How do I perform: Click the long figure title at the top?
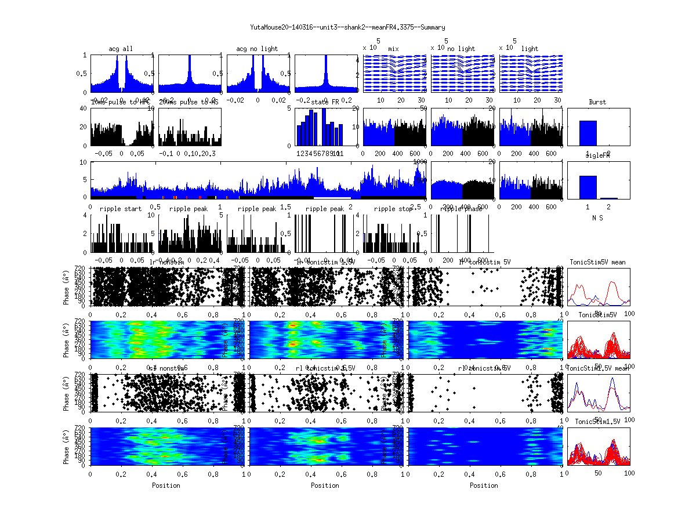tap(347, 27)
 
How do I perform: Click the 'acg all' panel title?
tap(121, 49)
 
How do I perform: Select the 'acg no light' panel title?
tap(257, 49)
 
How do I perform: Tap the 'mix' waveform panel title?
tap(394, 49)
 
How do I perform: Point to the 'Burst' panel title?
tap(597, 102)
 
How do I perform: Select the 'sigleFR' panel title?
tap(597, 156)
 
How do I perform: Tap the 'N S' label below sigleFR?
tap(597, 217)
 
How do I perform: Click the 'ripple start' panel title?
tap(121, 209)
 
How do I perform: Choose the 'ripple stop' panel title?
tap(393, 209)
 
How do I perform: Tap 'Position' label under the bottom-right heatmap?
tap(484, 485)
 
